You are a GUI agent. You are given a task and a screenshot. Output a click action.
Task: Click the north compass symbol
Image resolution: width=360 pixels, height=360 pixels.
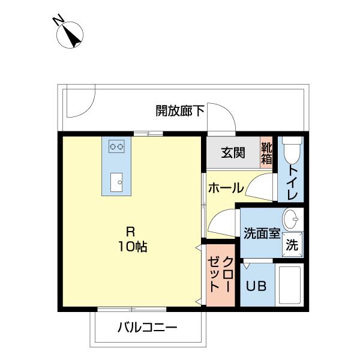coord(70,34)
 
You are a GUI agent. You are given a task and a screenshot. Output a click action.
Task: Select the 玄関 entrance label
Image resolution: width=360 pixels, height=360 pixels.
coord(232,152)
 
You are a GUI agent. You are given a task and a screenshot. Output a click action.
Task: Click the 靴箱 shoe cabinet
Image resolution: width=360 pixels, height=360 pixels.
coord(266,152)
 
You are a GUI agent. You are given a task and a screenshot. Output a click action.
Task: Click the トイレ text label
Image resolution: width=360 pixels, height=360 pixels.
coord(292,182)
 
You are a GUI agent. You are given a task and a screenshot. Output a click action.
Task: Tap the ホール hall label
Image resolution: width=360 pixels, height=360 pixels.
coord(226,188)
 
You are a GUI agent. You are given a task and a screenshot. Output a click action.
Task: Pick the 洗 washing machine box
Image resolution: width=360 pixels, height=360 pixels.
coord(292,244)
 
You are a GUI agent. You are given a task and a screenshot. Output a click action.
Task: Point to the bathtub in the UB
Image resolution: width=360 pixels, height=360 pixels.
coord(291,285)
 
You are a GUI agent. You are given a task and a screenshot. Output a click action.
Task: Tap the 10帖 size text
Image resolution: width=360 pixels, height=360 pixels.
coord(133,246)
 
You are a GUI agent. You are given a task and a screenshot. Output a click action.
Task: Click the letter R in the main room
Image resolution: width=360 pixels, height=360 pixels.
coord(130,230)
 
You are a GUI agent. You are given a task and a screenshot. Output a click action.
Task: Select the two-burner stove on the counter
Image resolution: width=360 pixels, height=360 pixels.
coord(116,145)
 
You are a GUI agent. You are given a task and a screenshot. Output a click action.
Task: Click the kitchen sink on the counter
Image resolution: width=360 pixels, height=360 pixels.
coord(116,181)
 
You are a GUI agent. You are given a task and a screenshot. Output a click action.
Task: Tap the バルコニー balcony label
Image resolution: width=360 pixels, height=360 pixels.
coord(147,328)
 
